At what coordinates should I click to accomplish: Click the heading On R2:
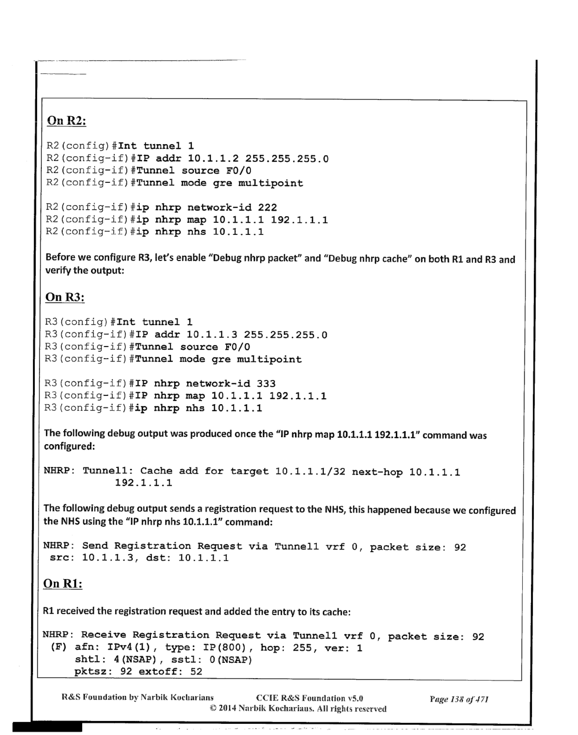pyautogui.click(x=66, y=121)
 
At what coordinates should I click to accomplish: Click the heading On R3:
pyautogui.click(x=65, y=297)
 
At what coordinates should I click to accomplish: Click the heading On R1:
pyautogui.click(x=62, y=583)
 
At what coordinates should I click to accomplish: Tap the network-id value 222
pyautogui.click(x=267, y=208)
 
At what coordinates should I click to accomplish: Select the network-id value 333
pyautogui.click(x=266, y=384)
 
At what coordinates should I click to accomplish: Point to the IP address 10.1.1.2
pyautogui.click(x=213, y=159)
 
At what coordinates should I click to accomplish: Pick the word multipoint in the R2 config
pyautogui.click(x=270, y=183)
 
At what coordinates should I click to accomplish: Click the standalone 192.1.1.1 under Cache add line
pyautogui.click(x=143, y=483)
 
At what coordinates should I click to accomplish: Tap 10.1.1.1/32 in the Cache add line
pyautogui.click(x=310, y=472)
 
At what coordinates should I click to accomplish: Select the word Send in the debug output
pyautogui.click(x=95, y=546)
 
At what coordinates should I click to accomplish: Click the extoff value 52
pyautogui.click(x=196, y=672)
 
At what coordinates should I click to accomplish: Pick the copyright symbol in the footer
pyautogui.click(x=213, y=708)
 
